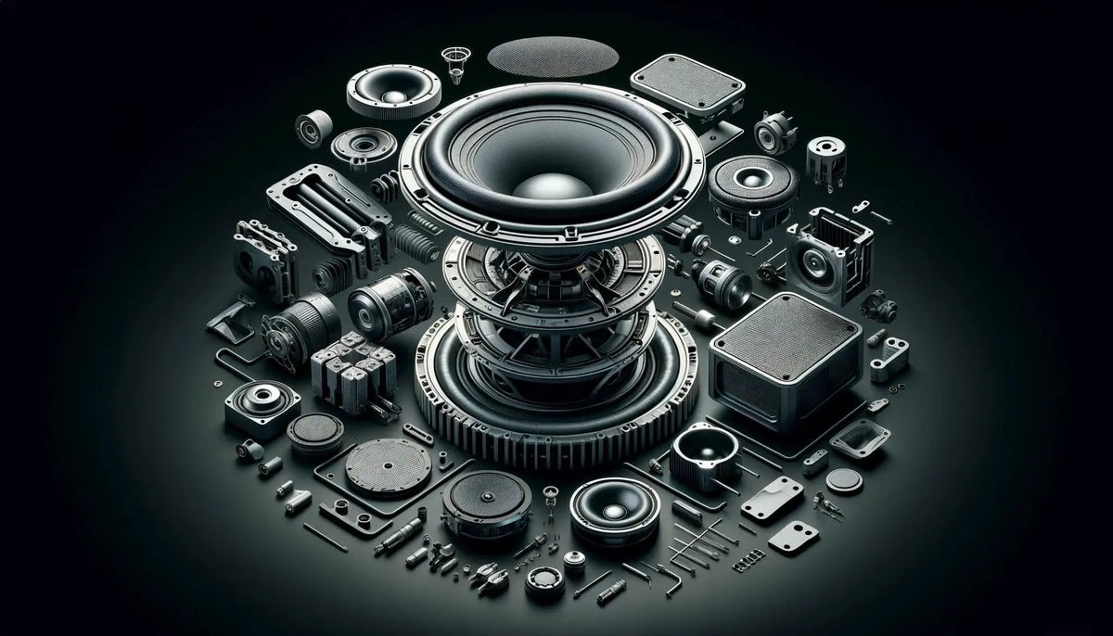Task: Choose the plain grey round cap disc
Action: click(844, 479)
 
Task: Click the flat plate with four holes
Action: click(772, 499)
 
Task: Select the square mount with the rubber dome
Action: click(262, 406)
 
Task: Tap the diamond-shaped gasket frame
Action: click(859, 438)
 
